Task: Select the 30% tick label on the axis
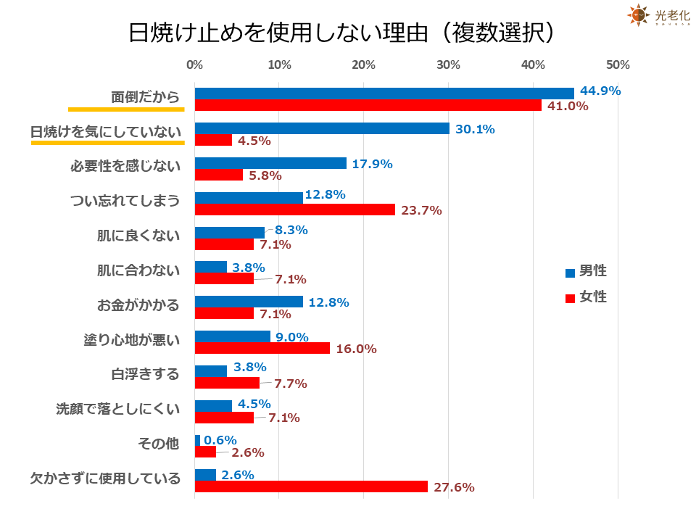click(449, 65)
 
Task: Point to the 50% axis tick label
click(618, 65)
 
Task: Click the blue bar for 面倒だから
click(384, 94)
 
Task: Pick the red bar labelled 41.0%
click(368, 106)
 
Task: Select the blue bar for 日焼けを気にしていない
click(322, 128)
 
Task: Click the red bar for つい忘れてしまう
click(295, 210)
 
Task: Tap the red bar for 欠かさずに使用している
click(311, 486)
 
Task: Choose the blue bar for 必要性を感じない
click(270, 163)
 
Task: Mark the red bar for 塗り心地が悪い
click(262, 348)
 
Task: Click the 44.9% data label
click(599, 91)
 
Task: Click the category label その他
click(158, 443)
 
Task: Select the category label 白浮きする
click(145, 374)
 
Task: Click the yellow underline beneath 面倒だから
click(126, 110)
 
